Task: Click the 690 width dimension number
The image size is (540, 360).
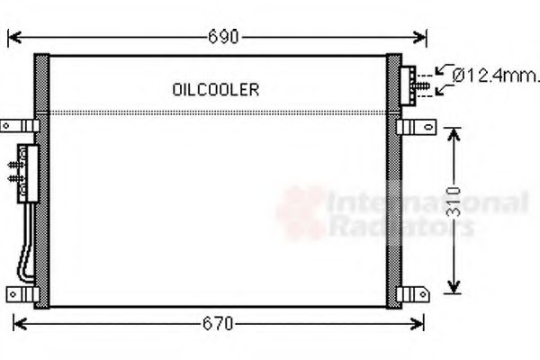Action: click(222, 37)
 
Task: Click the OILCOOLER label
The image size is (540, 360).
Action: click(215, 89)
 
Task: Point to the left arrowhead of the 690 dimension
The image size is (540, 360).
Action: click(13, 37)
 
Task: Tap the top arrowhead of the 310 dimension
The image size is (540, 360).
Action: click(454, 131)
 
